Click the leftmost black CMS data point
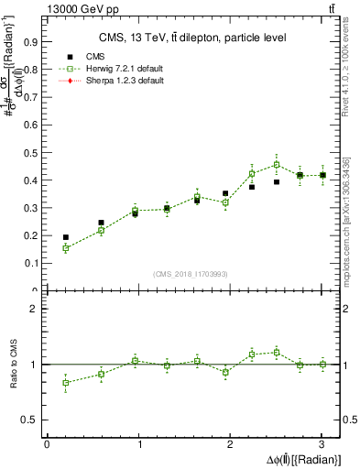click(65, 237)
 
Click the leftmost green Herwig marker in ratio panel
click(65, 383)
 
